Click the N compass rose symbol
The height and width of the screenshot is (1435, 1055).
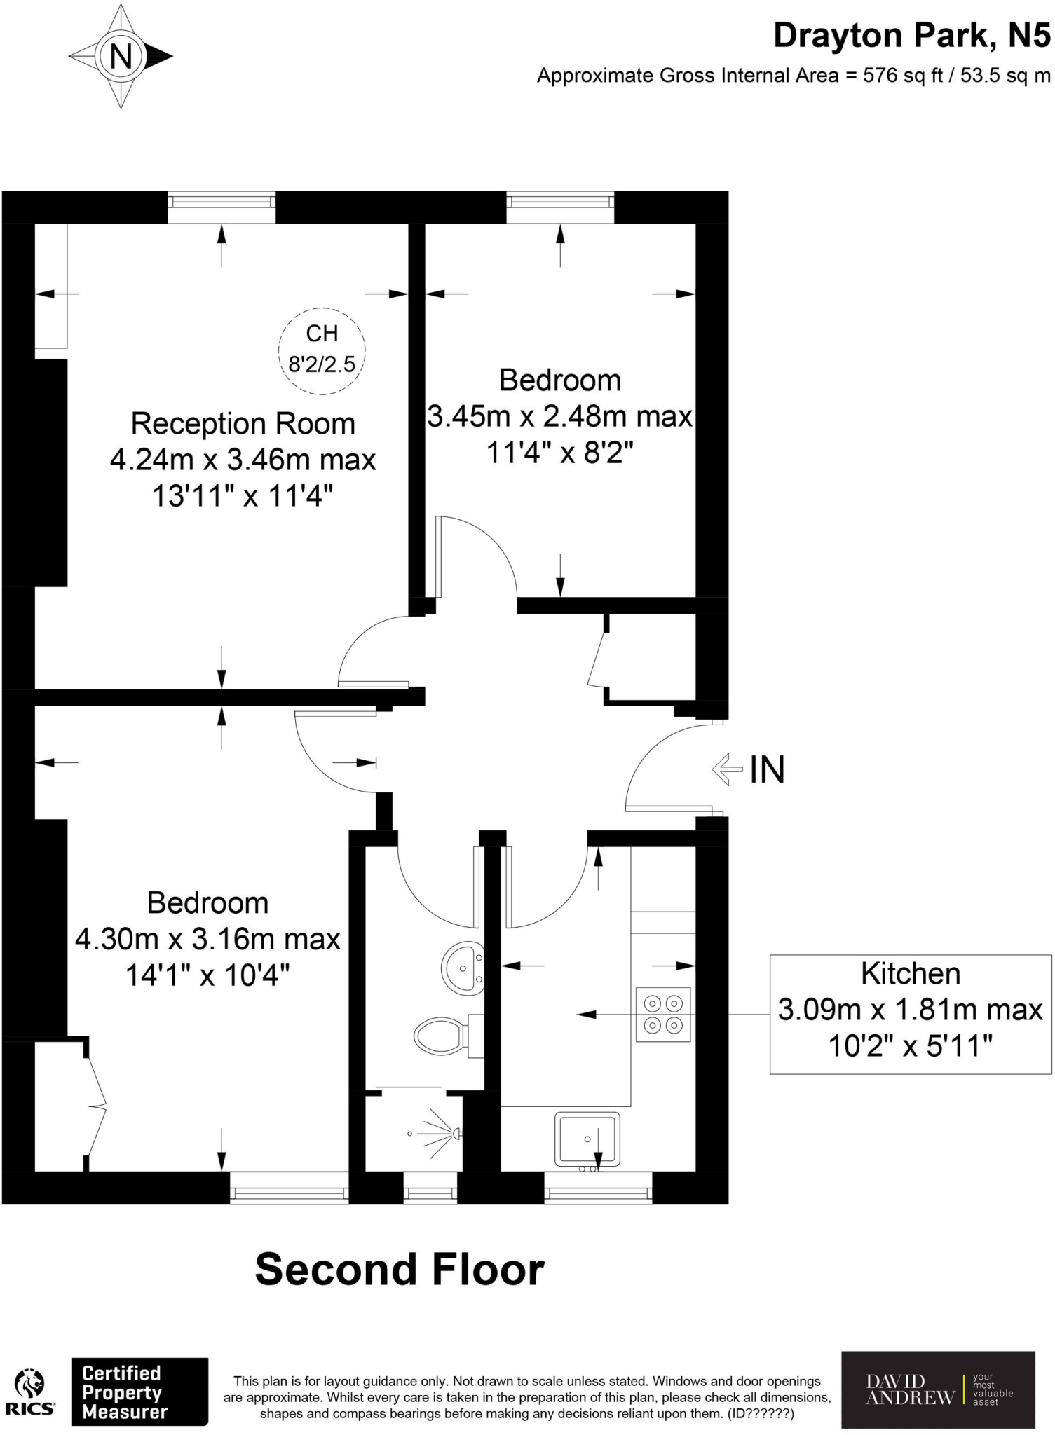pos(121,56)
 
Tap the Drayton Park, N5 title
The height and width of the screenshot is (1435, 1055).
pos(911,36)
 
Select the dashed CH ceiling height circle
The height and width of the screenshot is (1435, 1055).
pos(322,350)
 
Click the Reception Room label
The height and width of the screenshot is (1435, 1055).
pos(243,424)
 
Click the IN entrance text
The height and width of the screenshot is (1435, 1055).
pos(767,769)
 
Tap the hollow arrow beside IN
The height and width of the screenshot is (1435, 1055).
pos(727,769)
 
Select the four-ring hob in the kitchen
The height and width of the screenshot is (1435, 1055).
pos(663,1014)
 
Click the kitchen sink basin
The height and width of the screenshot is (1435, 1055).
pos(587,1139)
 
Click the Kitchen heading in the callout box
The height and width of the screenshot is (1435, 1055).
pos(910,973)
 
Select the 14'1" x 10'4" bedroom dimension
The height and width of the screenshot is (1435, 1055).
pos(207,975)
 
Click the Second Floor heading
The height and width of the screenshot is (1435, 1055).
pos(400,1270)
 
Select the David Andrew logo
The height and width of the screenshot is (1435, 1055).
pos(938,1390)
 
